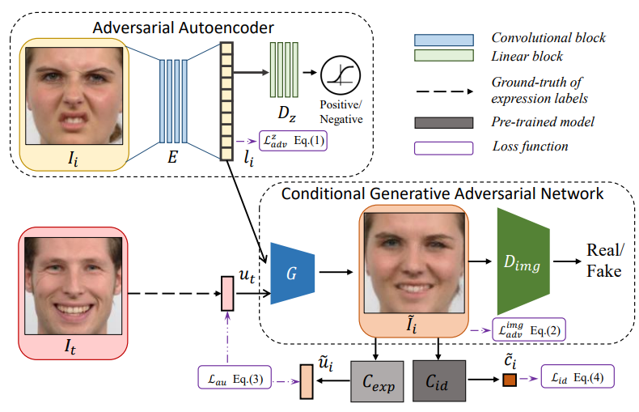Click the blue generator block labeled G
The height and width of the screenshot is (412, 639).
click(x=291, y=272)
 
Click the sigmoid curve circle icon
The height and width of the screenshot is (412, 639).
click(x=341, y=78)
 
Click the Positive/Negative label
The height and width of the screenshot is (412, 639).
click(x=341, y=113)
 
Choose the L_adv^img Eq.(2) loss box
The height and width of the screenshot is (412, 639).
click(x=528, y=329)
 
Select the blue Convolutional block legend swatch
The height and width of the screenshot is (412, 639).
click(x=442, y=39)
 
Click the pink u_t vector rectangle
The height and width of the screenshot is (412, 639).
click(x=227, y=292)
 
